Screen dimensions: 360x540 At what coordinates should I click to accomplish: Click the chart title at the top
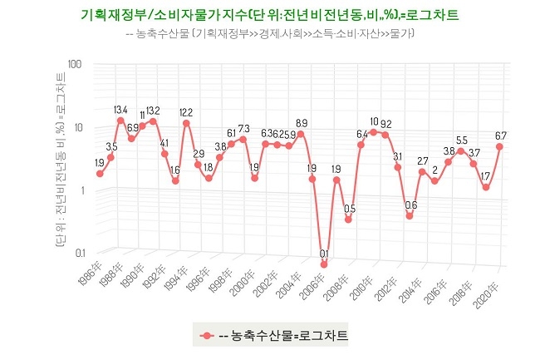tap(271, 15)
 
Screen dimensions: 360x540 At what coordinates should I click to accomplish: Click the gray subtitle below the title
tap(270, 34)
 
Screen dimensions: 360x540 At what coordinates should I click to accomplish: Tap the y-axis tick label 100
tap(72, 64)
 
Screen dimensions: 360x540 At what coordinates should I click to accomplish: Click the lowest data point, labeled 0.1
tap(324, 264)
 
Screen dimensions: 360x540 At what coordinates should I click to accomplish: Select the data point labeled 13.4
tap(121, 121)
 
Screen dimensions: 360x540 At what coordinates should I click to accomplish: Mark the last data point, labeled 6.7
tap(500, 146)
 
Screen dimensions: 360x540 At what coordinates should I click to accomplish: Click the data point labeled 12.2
tap(186, 124)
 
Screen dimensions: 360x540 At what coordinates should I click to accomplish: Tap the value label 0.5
tap(350, 209)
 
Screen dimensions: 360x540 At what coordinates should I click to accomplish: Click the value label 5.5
tap(462, 141)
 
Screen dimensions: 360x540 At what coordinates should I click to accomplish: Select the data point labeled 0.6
tap(410, 216)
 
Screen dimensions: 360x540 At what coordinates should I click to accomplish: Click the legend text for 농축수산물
tap(282, 336)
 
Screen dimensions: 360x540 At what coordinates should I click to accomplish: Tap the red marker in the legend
tap(205, 336)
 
